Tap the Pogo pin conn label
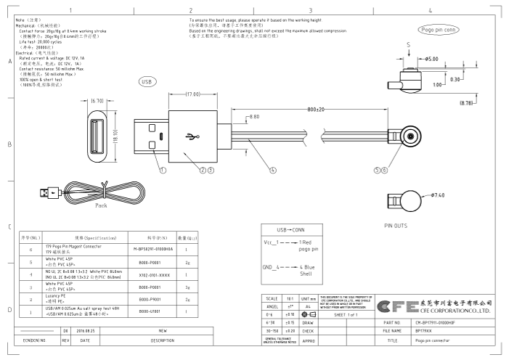point(439,29)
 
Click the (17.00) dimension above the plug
point(192,94)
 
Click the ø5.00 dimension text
point(431,58)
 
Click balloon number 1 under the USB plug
point(163,171)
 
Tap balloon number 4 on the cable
point(273,171)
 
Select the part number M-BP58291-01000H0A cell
point(155,249)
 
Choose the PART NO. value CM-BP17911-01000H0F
point(443,322)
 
